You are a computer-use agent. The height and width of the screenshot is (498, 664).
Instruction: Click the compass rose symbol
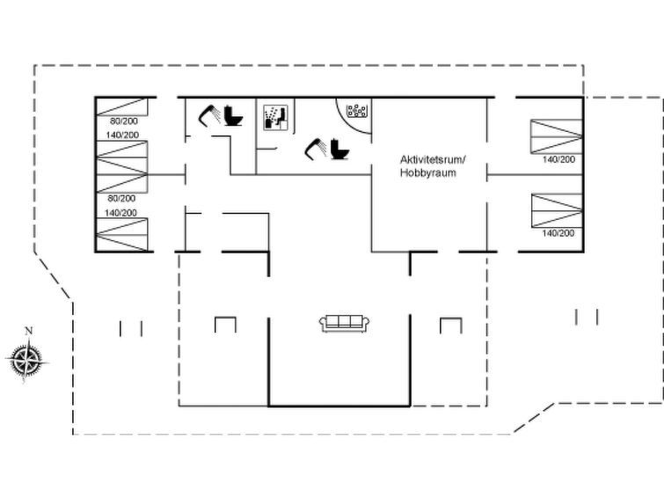coord(26,360)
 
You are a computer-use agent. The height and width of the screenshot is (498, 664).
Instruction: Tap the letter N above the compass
coord(28,331)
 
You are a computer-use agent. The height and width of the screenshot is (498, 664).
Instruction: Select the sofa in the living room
coord(344,324)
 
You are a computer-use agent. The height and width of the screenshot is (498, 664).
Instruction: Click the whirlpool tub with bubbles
coord(356,111)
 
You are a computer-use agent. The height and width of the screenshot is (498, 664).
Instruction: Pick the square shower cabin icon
coord(275,117)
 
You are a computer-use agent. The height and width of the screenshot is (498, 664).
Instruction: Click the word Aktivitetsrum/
coord(433,160)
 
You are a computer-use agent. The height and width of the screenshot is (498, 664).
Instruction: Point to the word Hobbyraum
coord(428,173)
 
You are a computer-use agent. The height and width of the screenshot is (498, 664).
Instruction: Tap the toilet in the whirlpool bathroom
coord(339,149)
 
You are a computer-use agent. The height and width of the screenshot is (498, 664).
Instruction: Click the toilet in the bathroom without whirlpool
coord(233,115)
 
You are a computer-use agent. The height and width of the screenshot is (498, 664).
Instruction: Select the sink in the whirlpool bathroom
coord(315,150)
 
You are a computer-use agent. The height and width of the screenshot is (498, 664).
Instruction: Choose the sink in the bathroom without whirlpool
coord(208,116)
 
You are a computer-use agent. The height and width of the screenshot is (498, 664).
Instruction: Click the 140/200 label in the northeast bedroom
coord(558,159)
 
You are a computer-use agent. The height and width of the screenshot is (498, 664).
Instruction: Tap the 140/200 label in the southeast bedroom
coord(558,233)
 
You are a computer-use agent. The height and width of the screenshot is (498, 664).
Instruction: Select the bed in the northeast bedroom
coord(557,136)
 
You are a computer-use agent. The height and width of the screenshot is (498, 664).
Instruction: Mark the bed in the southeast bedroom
coord(557,210)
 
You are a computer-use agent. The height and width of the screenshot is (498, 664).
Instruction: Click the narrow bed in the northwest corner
coord(122,106)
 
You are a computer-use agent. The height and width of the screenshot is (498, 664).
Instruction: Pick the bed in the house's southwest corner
coord(122,235)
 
